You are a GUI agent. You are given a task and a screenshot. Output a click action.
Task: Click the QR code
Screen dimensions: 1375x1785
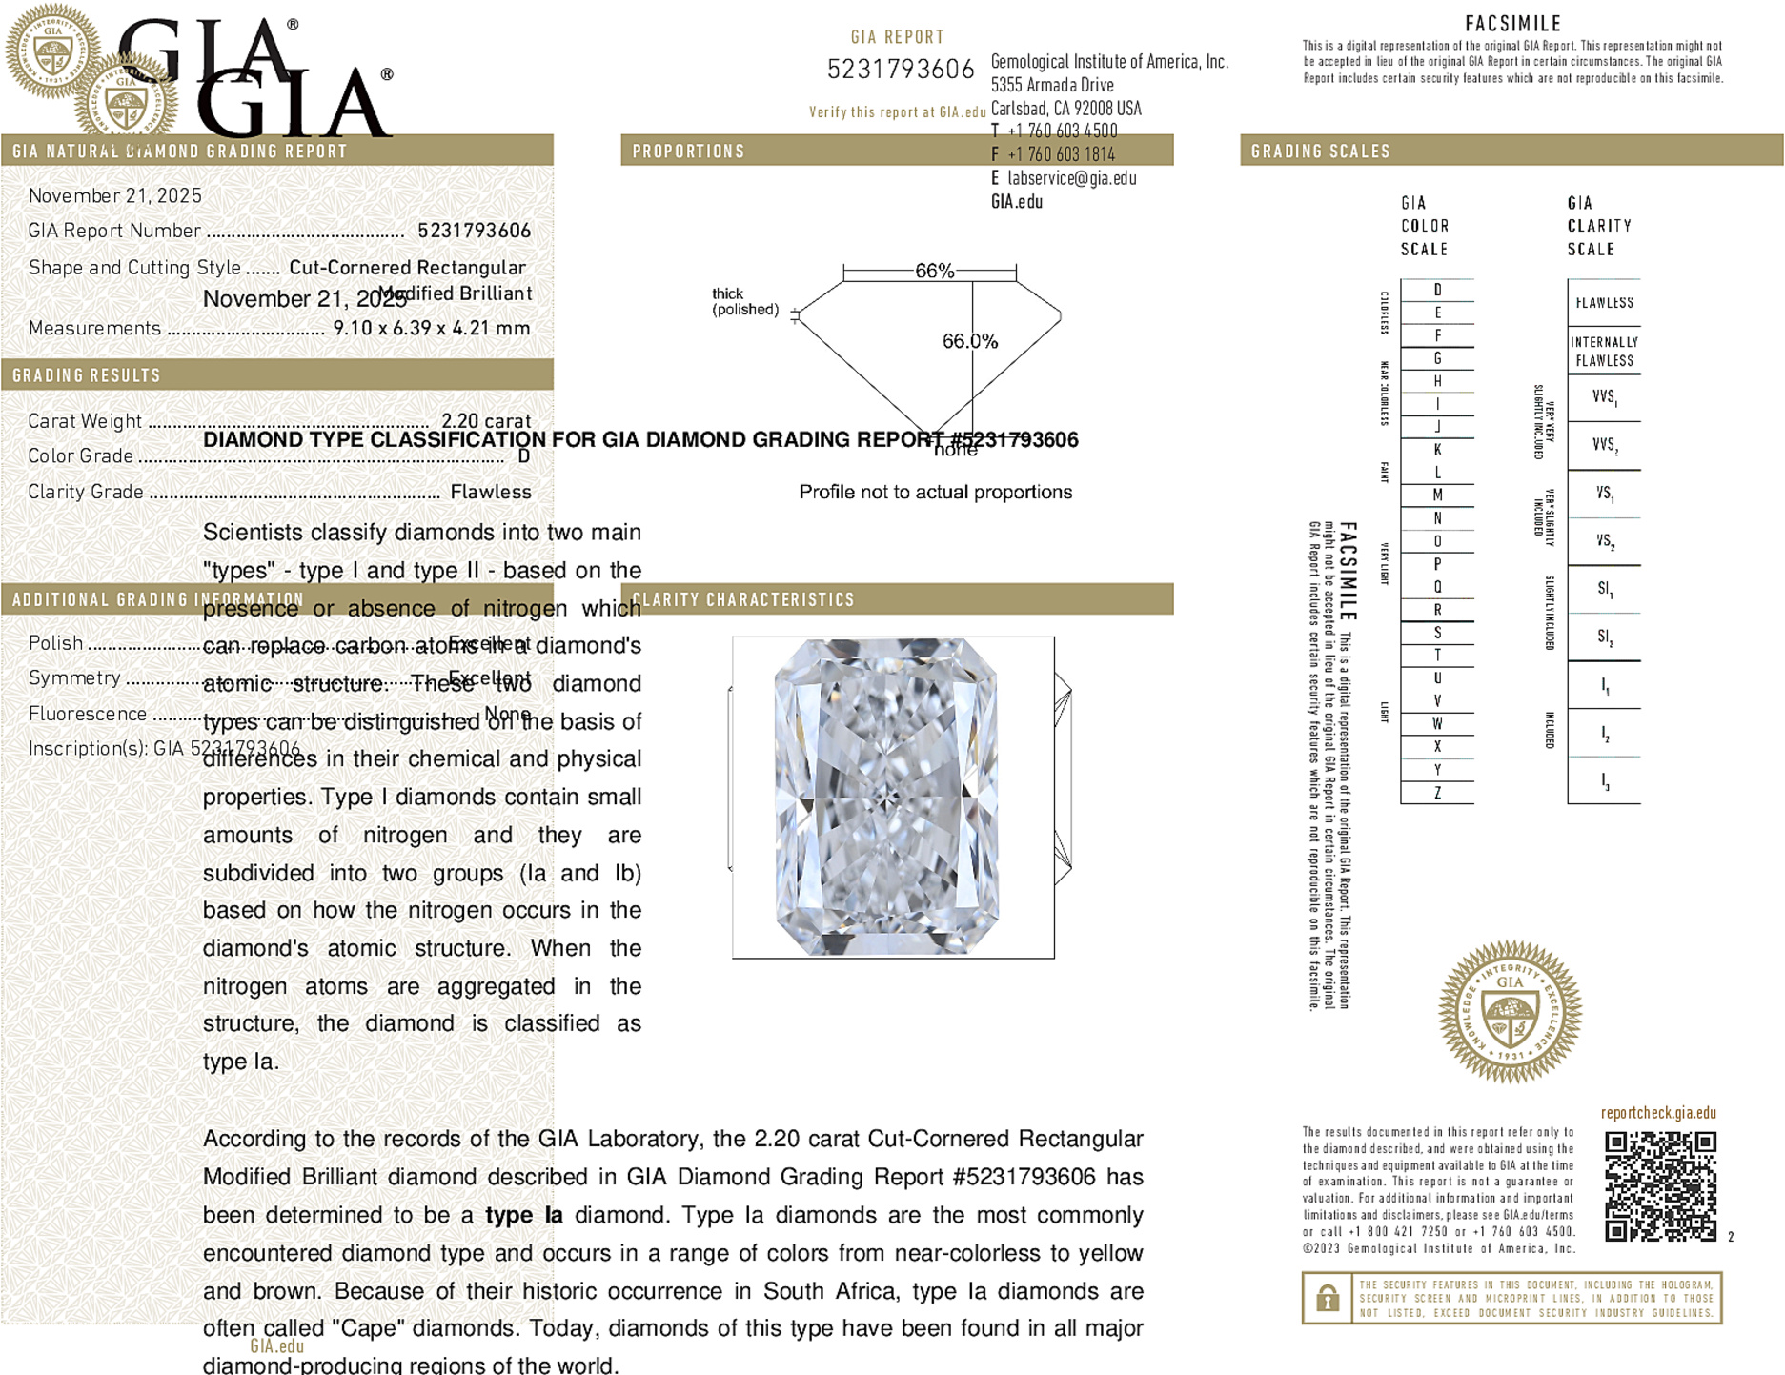[1660, 1185]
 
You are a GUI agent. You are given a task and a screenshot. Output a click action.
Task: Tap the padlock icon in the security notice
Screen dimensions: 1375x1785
[1327, 1298]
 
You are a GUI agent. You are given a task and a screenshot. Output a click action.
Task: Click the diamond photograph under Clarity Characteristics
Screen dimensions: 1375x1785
[887, 797]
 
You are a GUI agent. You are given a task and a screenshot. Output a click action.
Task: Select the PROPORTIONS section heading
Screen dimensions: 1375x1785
[688, 152]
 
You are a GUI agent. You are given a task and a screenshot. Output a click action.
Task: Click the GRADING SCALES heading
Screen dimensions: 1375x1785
[1320, 152]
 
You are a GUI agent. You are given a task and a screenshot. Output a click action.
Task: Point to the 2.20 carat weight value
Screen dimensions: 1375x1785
[486, 421]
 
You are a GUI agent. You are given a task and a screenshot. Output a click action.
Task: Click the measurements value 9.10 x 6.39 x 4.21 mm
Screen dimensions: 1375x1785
[431, 329]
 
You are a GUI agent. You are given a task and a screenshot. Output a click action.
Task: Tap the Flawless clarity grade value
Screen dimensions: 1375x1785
[491, 492]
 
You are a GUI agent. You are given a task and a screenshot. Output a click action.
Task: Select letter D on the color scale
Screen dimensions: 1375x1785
[1437, 290]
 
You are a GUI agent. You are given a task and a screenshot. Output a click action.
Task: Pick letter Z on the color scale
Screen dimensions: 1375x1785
[1437, 793]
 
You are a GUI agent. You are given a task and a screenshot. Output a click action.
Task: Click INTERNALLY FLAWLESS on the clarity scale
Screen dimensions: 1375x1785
[1604, 352]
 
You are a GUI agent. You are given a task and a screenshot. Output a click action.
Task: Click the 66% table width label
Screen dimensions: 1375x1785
[934, 271]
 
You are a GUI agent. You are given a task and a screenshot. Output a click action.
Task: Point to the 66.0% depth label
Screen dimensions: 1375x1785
[969, 341]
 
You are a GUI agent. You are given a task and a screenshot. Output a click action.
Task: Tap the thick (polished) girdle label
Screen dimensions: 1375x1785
[744, 301]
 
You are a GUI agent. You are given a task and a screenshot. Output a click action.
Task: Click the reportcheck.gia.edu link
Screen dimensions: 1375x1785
[1658, 1112]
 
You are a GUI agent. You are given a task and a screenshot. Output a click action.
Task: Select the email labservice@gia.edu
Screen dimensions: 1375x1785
[1071, 178]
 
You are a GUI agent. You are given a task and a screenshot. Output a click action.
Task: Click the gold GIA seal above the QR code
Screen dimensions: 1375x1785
[1510, 1011]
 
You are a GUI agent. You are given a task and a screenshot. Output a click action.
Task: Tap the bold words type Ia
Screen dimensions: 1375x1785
[523, 1215]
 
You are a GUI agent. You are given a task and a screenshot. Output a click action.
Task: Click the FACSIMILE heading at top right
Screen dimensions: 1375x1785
[1512, 24]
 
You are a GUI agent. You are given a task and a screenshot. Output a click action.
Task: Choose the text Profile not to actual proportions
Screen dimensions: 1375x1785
[935, 492]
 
